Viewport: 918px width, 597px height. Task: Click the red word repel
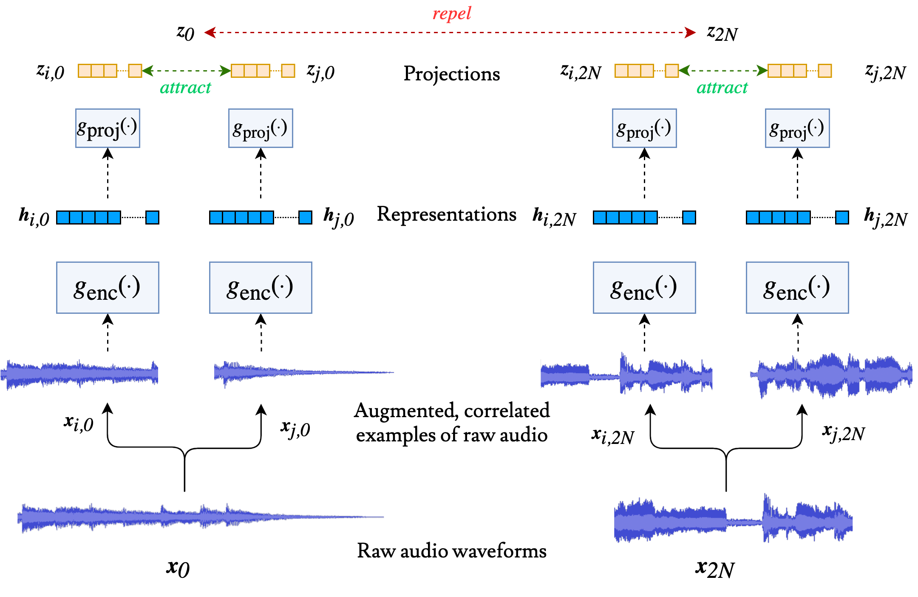[x=452, y=14]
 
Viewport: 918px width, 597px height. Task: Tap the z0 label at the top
[x=186, y=33]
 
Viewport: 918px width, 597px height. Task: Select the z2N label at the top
[x=722, y=33]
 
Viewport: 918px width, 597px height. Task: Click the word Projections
[x=451, y=74]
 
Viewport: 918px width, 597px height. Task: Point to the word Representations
[x=447, y=214]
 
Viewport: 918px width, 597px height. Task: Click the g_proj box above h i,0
[x=108, y=128]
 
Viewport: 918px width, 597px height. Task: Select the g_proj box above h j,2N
[x=797, y=128]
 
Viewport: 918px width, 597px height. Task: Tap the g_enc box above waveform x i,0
[x=108, y=288]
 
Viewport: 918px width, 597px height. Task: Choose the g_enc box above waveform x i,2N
[x=644, y=288]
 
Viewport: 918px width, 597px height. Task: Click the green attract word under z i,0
[x=186, y=88]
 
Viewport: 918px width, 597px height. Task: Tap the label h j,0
[x=338, y=217]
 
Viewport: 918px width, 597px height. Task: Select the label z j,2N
[x=885, y=72]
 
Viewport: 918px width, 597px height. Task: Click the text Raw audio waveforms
[x=451, y=551]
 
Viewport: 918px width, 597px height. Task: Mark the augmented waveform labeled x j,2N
[x=831, y=375]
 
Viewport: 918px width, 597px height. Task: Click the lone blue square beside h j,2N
[x=842, y=217]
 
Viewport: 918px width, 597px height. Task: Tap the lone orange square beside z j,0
[x=288, y=71]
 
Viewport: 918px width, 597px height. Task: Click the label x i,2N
[x=612, y=436]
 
